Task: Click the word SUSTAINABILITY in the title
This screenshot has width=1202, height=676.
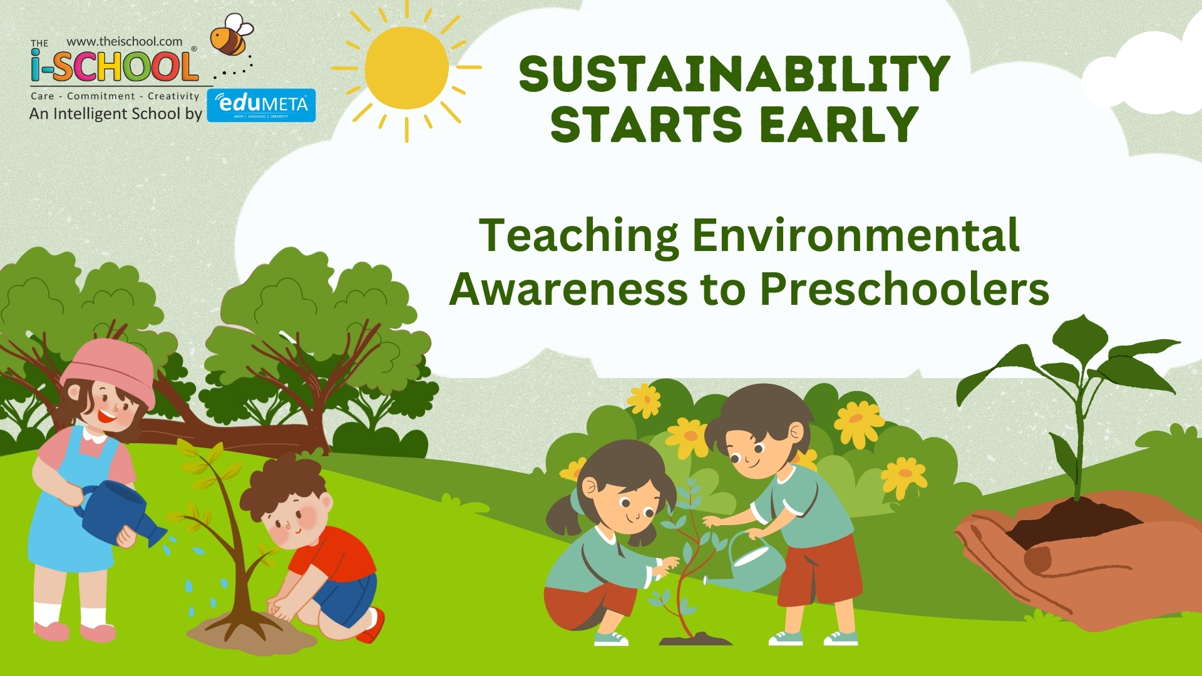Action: click(x=734, y=74)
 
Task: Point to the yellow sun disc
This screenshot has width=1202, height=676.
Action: click(x=406, y=68)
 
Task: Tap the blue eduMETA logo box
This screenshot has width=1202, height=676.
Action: click(x=262, y=105)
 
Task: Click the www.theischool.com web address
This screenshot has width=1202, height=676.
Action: click(x=124, y=41)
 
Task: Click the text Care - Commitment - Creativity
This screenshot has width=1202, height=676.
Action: click(x=115, y=96)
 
